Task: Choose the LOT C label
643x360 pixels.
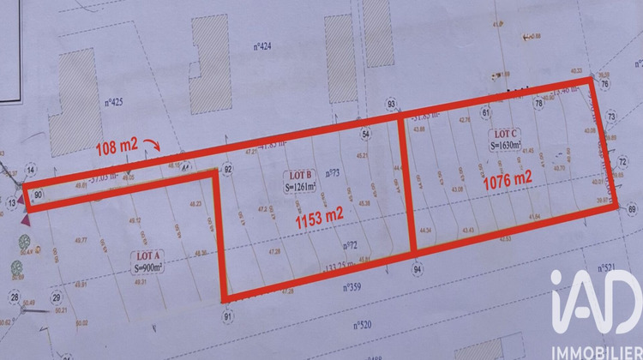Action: pos(503,135)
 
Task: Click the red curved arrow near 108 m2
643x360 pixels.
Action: pos(151,142)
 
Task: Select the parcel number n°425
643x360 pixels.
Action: pos(114,102)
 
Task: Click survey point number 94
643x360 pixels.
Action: pos(418,268)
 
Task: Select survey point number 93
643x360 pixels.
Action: pos(392,105)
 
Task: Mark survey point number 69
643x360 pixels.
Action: pos(633,208)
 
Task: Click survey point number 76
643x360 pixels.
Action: pos(604,84)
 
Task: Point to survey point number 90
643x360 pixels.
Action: pos(39,195)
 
